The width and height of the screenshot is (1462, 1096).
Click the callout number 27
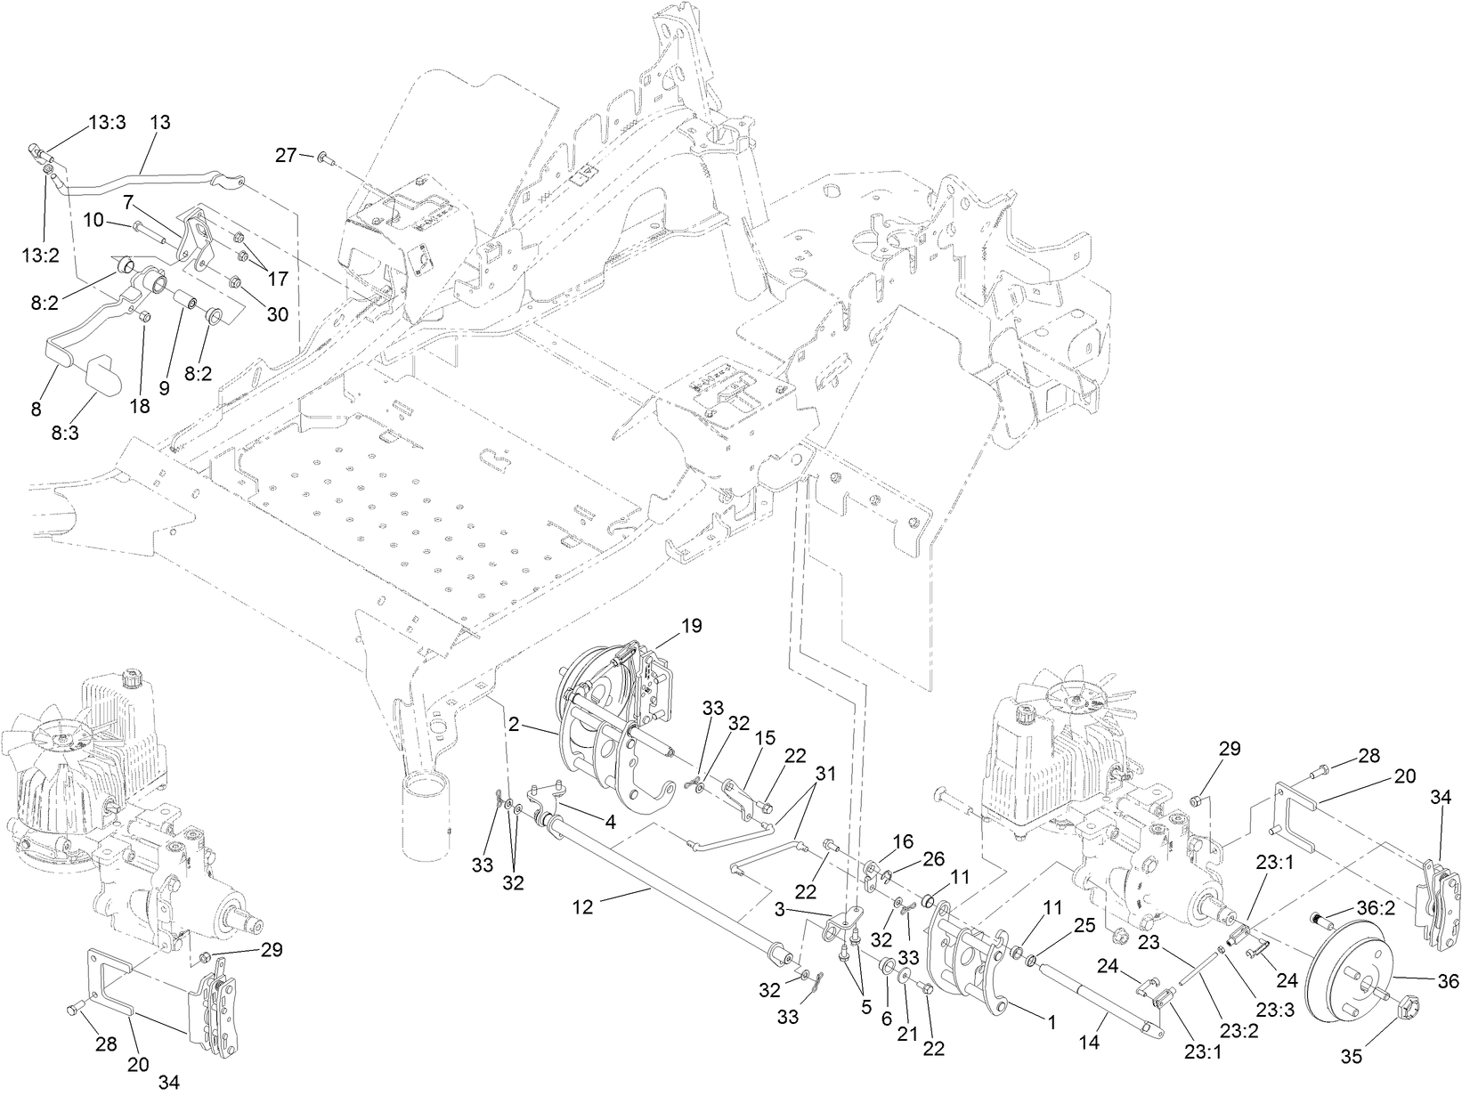[x=285, y=155]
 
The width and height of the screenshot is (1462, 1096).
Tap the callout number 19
[x=691, y=627]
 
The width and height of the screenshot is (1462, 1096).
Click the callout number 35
[x=1352, y=1057]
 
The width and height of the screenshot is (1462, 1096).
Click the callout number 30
[x=278, y=314]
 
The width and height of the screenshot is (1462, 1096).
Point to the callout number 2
[x=515, y=725]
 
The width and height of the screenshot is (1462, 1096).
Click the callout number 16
[x=903, y=840]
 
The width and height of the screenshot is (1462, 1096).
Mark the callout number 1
[x=1052, y=1023]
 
